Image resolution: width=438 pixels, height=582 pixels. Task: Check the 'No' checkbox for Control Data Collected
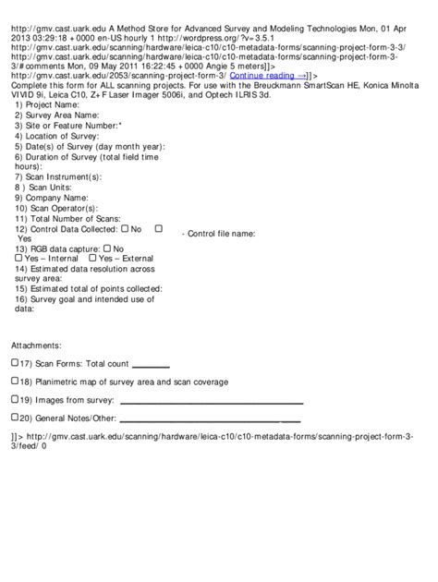pos(124,227)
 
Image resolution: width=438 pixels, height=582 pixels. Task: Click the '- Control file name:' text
pos(219,234)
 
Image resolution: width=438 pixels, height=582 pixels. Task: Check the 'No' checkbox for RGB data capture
pos(108,248)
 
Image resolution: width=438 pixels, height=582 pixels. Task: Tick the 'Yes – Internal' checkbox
pos(19,258)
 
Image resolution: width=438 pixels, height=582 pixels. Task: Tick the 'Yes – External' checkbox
pos(92,258)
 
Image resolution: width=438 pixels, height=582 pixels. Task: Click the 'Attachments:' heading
pos(36,345)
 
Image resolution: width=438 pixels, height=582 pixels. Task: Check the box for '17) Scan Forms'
pos(15,363)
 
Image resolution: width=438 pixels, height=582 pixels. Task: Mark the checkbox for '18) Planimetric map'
pos(15,381)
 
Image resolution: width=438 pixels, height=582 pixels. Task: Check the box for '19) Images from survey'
pos(15,399)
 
